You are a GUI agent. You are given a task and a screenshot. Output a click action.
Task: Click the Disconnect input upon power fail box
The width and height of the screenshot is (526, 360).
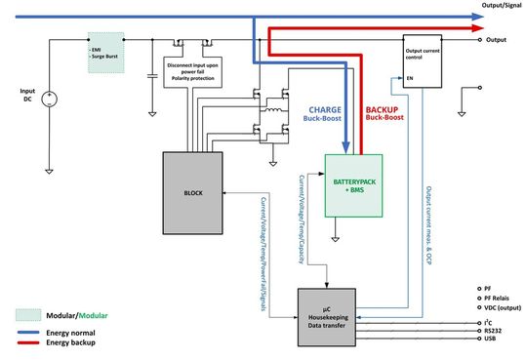coord(195,72)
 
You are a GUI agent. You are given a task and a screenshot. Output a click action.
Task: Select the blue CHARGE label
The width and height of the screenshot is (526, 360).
coord(325,110)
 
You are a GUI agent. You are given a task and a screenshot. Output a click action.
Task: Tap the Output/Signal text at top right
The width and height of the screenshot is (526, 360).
coord(499,5)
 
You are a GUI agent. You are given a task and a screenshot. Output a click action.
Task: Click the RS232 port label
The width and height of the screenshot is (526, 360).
coord(490,331)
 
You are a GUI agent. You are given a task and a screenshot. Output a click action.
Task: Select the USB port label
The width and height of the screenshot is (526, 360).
coord(487,340)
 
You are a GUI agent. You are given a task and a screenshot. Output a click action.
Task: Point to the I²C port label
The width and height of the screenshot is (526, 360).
coord(486,321)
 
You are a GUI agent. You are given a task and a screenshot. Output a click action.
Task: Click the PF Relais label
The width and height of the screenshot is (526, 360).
coord(495,300)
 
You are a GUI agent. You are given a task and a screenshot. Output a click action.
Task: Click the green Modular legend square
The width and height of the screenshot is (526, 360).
coord(30,315)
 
